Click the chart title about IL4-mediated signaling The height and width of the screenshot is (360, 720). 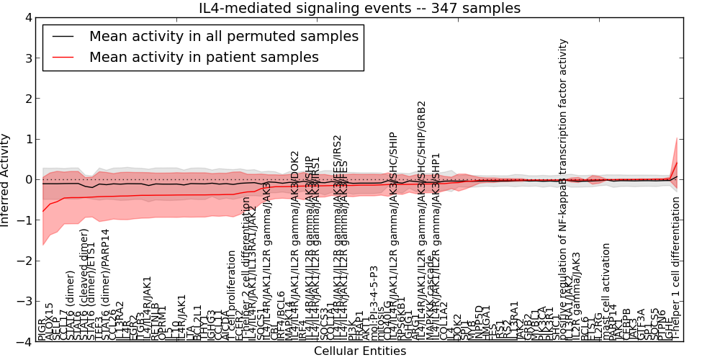[359, 8]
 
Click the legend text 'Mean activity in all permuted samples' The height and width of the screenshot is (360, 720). [224, 35]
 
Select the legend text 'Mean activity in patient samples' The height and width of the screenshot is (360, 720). [204, 57]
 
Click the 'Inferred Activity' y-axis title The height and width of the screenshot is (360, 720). [6, 180]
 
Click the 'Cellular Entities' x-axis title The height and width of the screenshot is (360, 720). [359, 351]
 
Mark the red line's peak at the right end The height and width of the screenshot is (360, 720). [677, 162]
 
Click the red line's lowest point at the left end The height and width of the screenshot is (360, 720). [43, 211]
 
